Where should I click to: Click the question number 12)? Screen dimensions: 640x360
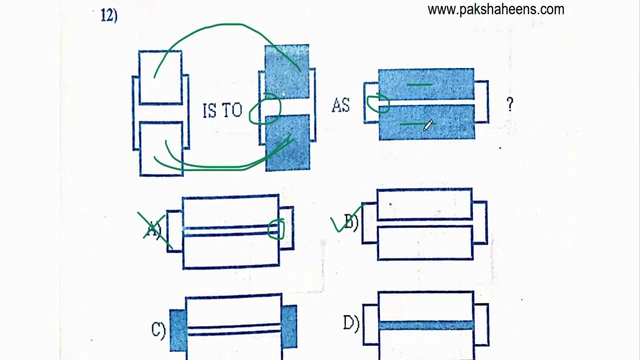coord(109,15)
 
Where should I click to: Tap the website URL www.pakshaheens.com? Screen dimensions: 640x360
coord(496,9)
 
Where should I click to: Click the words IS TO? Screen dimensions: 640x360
coord(222,110)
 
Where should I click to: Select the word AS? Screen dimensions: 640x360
coord(340,105)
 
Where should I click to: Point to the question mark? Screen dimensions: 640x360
coord(510,104)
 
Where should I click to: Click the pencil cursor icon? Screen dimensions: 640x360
coord(428,125)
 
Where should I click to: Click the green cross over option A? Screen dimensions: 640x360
coord(155,230)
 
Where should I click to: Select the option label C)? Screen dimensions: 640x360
coord(158,330)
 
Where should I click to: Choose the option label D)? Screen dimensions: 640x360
coord(351,323)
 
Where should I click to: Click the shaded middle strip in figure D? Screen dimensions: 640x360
coord(426,325)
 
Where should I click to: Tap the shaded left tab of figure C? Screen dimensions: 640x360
coord(178,330)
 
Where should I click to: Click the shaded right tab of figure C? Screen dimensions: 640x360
coord(289,327)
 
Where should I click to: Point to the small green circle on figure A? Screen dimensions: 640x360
coord(276,229)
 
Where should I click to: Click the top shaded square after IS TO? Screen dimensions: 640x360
coord(287,71)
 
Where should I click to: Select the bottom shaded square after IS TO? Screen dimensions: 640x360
coord(287,143)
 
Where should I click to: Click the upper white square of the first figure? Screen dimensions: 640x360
coord(160,77)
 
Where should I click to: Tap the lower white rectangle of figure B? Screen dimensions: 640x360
coord(425,243)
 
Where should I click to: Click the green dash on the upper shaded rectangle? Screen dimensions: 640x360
coord(419,84)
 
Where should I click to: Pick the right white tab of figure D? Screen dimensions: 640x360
coord(481,324)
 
